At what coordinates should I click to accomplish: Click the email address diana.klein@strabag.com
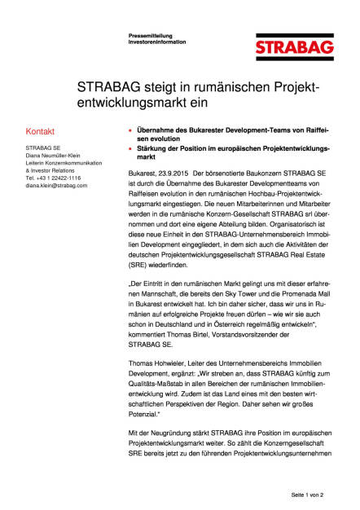tap(56, 186)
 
